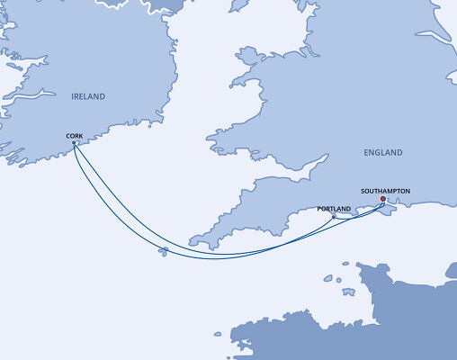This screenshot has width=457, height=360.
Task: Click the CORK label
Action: pyautogui.click(x=76, y=136)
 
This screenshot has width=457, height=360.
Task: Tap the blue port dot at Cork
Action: pyautogui.click(x=74, y=143)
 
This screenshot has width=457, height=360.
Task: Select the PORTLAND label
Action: pyautogui.click(x=335, y=209)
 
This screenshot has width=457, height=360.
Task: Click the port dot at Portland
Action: pyautogui.click(x=334, y=217)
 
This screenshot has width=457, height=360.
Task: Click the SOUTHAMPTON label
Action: pyautogui.click(x=385, y=192)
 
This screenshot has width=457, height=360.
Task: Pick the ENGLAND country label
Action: pyautogui.click(x=383, y=153)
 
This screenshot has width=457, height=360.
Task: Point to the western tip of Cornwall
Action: pyautogui.click(x=191, y=244)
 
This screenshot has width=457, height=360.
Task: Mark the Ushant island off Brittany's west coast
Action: pyautogui.click(x=218, y=334)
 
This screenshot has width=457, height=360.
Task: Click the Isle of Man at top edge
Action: pyautogui.click(x=238, y=4)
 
